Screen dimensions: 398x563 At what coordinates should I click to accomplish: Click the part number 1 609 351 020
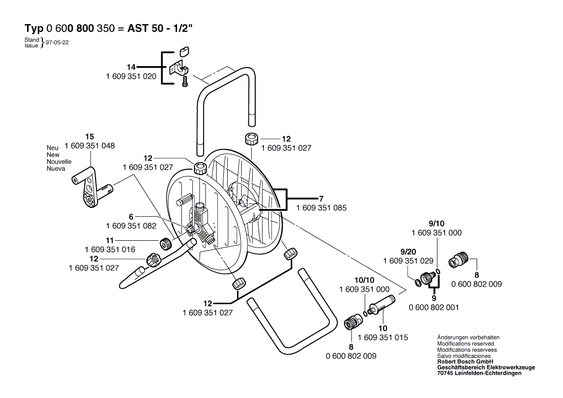click(x=131, y=76)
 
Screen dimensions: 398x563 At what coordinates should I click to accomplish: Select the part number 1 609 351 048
click(x=89, y=146)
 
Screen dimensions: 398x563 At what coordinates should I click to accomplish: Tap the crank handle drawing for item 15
click(x=92, y=188)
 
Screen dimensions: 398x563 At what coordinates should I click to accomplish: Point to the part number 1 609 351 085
click(x=321, y=207)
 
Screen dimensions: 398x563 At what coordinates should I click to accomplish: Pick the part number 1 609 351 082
click(x=131, y=226)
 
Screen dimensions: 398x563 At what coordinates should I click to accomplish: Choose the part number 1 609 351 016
click(x=110, y=249)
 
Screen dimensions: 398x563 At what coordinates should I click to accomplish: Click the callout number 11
click(x=110, y=240)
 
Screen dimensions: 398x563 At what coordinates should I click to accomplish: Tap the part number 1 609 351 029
click(x=408, y=261)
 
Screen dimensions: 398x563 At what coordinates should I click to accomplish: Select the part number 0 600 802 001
click(x=433, y=307)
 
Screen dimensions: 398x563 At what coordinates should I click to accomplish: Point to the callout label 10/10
click(x=364, y=280)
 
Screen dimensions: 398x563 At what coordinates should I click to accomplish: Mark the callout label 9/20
click(x=408, y=251)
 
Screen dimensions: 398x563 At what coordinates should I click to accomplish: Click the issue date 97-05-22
click(x=57, y=42)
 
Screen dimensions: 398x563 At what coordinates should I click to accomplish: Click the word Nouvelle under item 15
click(x=59, y=162)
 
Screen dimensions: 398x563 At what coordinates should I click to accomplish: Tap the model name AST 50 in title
click(x=144, y=28)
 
